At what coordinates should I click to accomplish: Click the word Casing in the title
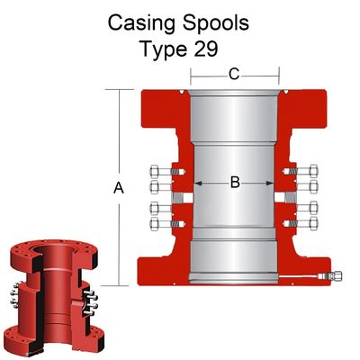click(141, 23)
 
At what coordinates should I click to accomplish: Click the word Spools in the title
click(216, 23)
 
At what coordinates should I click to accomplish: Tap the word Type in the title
click(164, 49)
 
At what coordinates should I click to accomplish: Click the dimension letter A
click(119, 188)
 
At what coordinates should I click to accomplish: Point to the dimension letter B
click(235, 182)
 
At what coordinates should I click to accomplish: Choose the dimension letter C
click(234, 74)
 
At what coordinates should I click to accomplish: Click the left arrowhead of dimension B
click(198, 183)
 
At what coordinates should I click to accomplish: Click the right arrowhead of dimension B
click(270, 183)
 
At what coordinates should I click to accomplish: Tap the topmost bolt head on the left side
click(155, 172)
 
